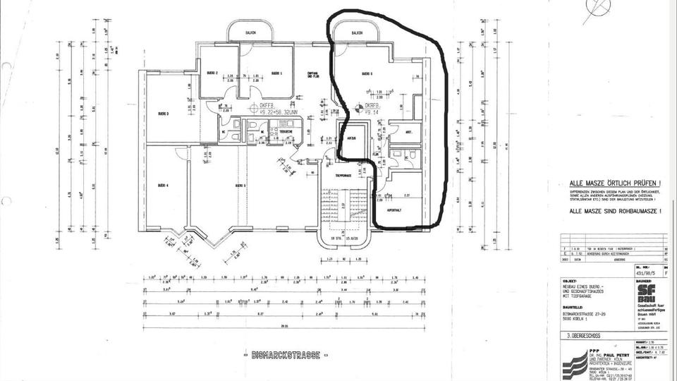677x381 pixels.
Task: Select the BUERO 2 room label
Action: [x=210, y=73]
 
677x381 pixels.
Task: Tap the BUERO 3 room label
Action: [x=162, y=113]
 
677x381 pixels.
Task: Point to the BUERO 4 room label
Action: [x=162, y=185]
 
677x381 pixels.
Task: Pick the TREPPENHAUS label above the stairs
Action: [x=343, y=175]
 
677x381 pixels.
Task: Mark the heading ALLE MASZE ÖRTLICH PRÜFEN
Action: [x=615, y=182]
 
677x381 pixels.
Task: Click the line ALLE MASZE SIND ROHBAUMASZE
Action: [x=615, y=211]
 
